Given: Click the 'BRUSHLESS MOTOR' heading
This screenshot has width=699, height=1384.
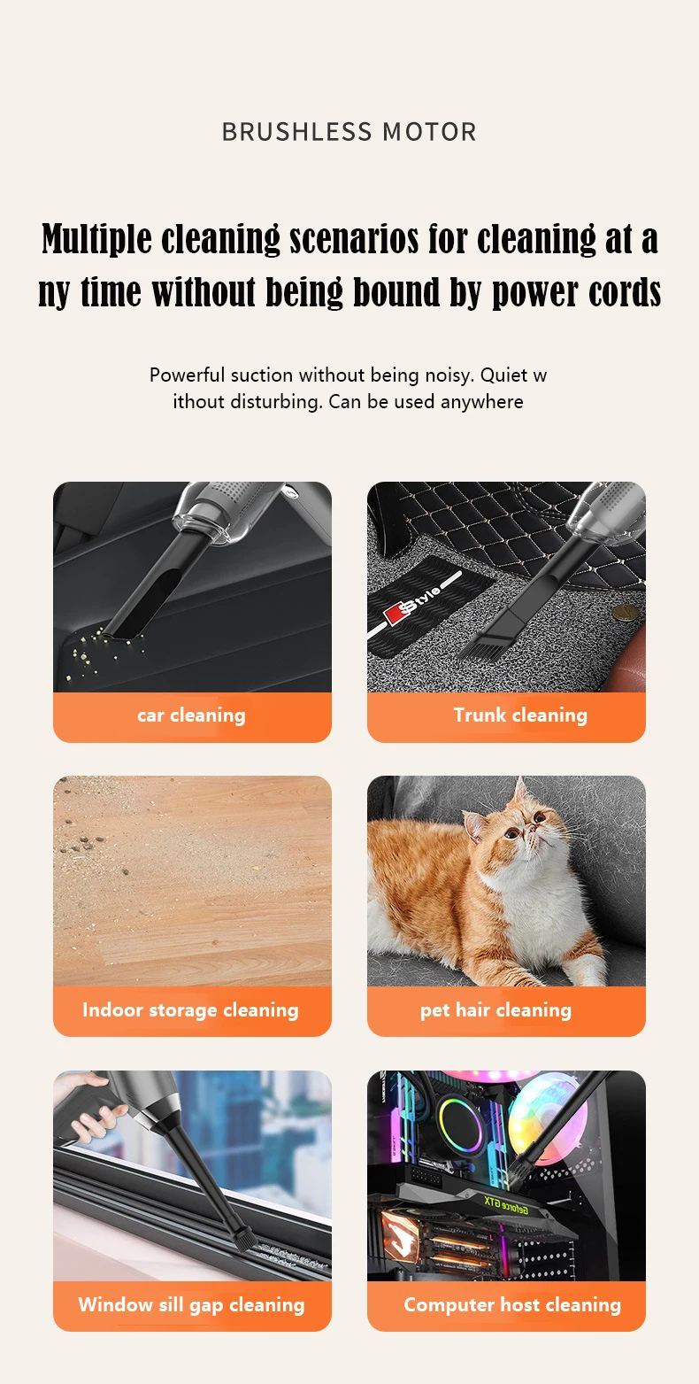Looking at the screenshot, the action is [x=349, y=132].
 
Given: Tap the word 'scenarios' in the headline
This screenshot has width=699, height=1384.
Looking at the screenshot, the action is [x=354, y=239].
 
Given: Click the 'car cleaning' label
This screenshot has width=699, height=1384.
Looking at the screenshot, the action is [x=191, y=715].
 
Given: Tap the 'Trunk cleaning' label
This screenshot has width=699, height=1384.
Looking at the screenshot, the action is [x=520, y=715].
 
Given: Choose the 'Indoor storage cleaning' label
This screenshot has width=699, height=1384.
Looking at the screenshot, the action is [x=190, y=1009].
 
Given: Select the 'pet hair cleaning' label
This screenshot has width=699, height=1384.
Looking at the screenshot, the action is [x=495, y=1009].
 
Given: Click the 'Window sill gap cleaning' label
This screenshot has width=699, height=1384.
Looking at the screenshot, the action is [x=191, y=1304].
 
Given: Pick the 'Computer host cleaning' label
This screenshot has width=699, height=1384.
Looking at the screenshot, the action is [x=512, y=1304].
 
